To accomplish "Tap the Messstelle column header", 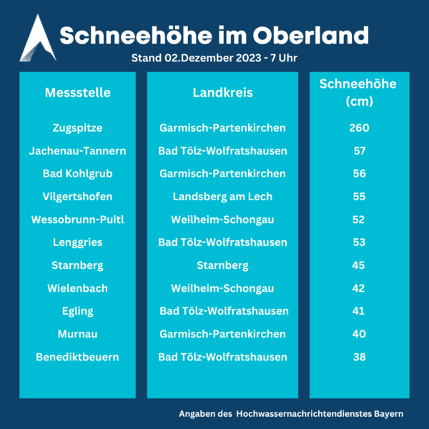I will click(77, 93).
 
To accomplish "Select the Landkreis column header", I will click(222, 93).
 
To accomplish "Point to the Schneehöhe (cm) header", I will click(357, 93).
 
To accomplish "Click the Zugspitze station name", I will click(77, 128).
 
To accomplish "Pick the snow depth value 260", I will click(359, 128).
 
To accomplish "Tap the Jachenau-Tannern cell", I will click(77, 151).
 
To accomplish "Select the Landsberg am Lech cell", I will click(222, 197).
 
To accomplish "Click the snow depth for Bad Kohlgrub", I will click(359, 174).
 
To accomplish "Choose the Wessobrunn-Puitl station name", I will click(77, 220).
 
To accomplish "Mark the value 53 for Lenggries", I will click(359, 242).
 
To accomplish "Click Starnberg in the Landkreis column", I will click(222, 265).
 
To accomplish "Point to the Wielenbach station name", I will click(77, 288).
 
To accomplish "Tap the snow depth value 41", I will click(359, 311).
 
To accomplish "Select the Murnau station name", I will click(77, 334).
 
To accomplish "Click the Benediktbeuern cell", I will click(77, 357).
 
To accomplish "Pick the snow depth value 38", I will click(359, 357).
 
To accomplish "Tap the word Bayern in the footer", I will click(387, 414).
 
